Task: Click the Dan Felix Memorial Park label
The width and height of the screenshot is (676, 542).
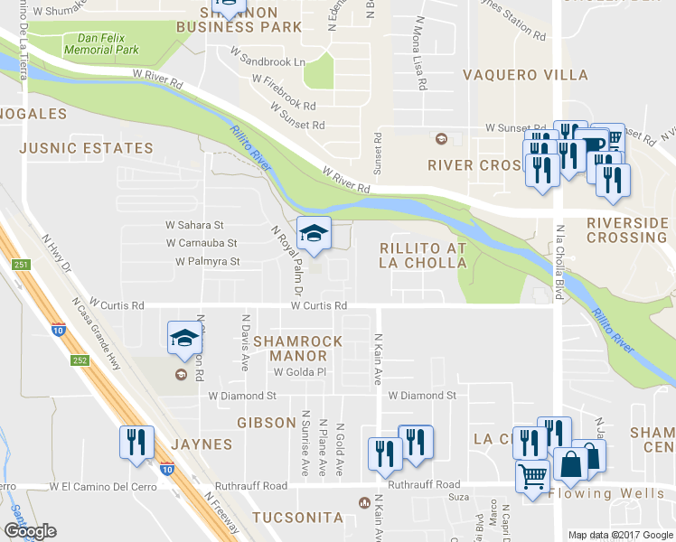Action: coord(108,44)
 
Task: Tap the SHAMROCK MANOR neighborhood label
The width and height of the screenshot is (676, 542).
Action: coord(297,349)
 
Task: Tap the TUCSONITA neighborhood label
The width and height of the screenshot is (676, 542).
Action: coord(298,518)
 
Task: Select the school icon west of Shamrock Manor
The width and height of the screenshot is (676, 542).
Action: coord(183,339)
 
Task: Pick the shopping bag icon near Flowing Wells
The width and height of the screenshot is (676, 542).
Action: coord(571,465)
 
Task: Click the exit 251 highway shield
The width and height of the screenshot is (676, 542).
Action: coord(22,264)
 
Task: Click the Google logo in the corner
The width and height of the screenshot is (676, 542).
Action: coord(32,531)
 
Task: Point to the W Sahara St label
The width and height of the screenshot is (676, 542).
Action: coord(193,224)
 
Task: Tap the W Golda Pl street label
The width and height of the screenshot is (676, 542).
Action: coord(298,371)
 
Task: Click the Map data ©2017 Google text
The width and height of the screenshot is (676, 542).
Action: coord(619,534)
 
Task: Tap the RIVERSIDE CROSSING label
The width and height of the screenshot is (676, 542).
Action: coord(627,229)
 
